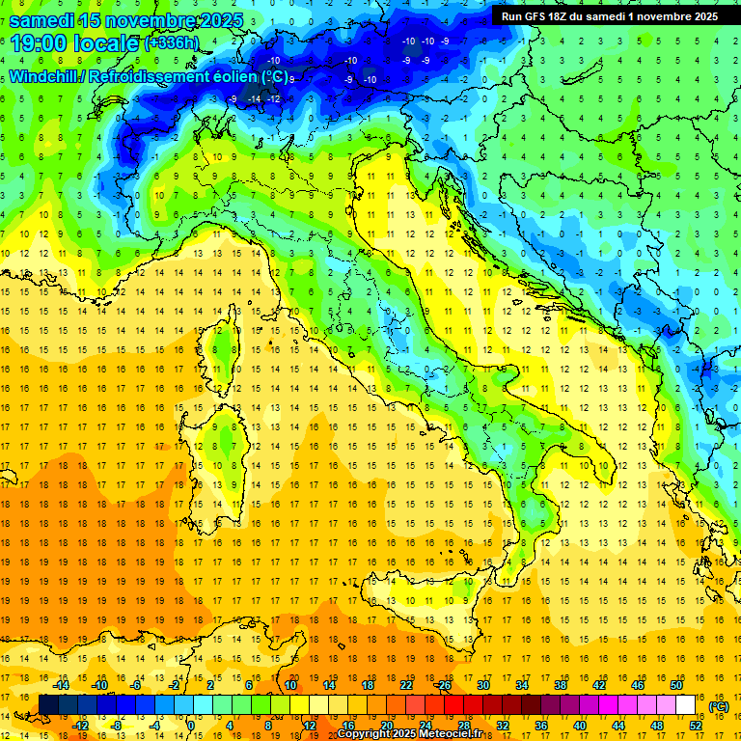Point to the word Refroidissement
pyautogui.click(x=148, y=76)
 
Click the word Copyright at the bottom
pyautogui.click(x=364, y=734)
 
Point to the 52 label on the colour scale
pyautogui.click(x=696, y=725)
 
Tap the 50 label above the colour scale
pyautogui.click(x=675, y=685)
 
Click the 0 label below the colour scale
pyautogui.click(x=191, y=725)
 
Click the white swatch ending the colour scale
pyautogui.click(x=685, y=704)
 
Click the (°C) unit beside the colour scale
pyautogui.click(x=718, y=706)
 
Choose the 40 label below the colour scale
pyautogui.click(x=579, y=725)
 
